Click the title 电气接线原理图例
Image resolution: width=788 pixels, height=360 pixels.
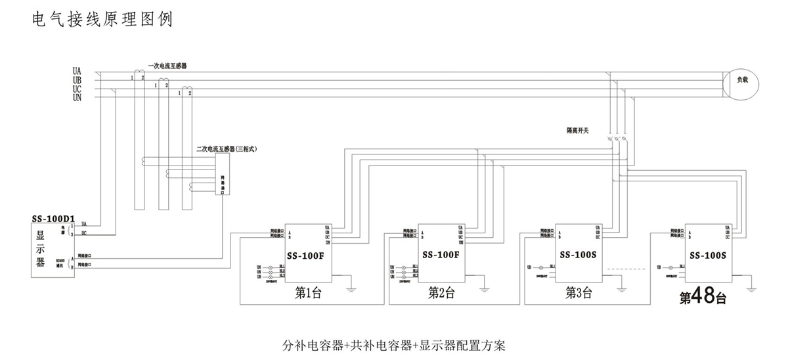coord(102,20)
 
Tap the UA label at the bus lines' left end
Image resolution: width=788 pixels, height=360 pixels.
coord(77,70)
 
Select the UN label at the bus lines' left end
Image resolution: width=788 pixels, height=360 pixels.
coord(77,97)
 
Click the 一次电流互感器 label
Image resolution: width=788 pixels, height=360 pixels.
coord(167,66)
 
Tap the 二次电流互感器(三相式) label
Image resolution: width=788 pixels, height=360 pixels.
coord(226,149)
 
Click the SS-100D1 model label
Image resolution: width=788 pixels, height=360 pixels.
coord(54,217)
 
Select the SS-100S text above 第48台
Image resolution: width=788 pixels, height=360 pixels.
coord(709,254)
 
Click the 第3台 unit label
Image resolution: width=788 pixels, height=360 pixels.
coord(579,293)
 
